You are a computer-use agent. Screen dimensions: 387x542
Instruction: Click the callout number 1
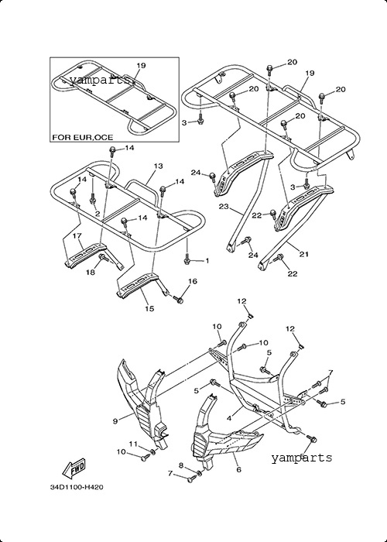click(207, 261)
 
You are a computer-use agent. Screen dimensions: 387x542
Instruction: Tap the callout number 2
click(98, 214)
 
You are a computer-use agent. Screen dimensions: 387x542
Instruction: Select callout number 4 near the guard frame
click(229, 418)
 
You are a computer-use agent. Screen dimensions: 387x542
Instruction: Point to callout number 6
click(238, 469)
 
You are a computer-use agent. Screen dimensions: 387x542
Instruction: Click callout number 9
click(115, 420)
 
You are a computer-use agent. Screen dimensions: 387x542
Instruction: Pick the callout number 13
click(158, 166)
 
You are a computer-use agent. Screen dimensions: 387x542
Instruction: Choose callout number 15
click(149, 308)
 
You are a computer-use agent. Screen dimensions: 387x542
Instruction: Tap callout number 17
click(77, 235)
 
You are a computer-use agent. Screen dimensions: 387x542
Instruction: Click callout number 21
click(304, 255)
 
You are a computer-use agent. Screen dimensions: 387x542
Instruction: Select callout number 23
click(224, 207)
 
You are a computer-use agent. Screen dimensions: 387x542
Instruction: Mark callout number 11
click(133, 444)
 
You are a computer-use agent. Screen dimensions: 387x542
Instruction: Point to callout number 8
click(181, 465)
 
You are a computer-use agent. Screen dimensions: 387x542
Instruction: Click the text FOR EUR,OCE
click(83, 137)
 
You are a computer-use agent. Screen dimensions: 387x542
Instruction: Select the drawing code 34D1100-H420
click(77, 487)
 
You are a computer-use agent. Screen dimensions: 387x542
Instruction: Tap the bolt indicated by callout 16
click(179, 300)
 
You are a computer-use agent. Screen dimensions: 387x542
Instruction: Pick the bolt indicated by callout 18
click(102, 258)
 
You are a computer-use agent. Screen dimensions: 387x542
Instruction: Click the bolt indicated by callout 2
click(92, 200)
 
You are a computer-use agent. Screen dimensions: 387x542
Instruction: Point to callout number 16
click(193, 281)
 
